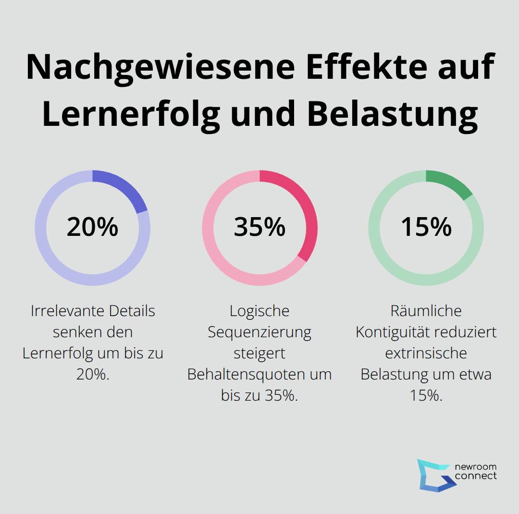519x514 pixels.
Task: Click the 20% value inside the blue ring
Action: (92, 227)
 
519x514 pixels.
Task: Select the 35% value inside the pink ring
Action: (259, 227)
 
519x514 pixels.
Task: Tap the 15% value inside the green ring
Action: (426, 227)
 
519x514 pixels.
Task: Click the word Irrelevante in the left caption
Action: (67, 311)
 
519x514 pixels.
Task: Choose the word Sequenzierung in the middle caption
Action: (259, 332)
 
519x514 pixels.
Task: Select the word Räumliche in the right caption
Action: (426, 311)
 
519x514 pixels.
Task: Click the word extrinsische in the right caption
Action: (426, 353)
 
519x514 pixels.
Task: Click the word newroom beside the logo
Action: (475, 467)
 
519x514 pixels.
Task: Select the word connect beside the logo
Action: (475, 476)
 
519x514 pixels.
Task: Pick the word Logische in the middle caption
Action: (259, 311)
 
